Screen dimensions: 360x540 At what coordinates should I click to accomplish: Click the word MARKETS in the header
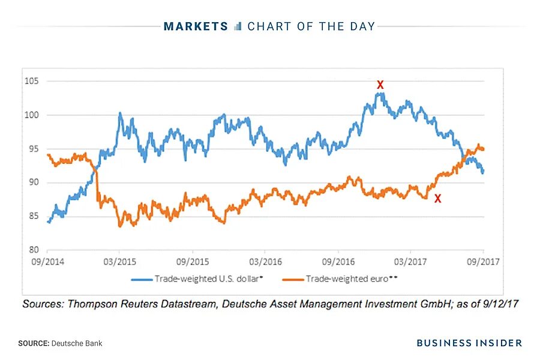(196, 26)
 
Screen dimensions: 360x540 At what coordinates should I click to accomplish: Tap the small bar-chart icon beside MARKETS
(238, 26)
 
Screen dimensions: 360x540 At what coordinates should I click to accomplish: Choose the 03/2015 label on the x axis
(119, 262)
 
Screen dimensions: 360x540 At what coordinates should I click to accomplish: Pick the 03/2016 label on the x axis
(265, 262)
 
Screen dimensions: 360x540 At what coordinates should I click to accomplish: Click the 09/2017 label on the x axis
(484, 262)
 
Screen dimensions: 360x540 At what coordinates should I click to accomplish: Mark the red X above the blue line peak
(380, 85)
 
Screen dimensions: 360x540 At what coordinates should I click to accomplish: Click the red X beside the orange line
(437, 199)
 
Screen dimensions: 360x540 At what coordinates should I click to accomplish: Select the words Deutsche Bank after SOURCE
(77, 343)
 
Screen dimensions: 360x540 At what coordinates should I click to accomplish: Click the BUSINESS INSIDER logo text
(469, 343)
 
